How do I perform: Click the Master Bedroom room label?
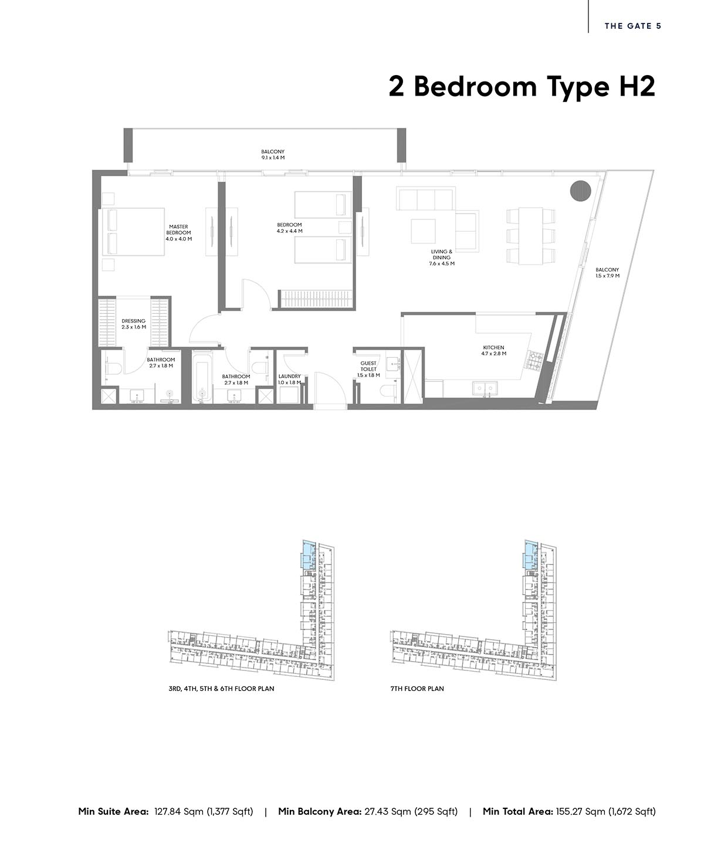(178, 233)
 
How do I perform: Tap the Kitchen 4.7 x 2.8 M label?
(493, 351)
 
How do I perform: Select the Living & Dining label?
(441, 258)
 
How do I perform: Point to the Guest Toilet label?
(368, 370)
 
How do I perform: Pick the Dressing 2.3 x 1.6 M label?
(134, 324)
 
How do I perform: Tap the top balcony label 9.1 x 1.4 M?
(273, 155)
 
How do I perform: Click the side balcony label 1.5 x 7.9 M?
(607, 273)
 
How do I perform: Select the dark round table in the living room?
(580, 190)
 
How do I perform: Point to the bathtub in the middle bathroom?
(202, 377)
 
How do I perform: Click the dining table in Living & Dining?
(530, 236)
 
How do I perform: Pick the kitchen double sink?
(485, 388)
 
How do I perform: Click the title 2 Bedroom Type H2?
(522, 87)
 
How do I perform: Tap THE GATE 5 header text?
(633, 26)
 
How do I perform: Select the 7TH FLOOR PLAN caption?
(417, 689)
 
